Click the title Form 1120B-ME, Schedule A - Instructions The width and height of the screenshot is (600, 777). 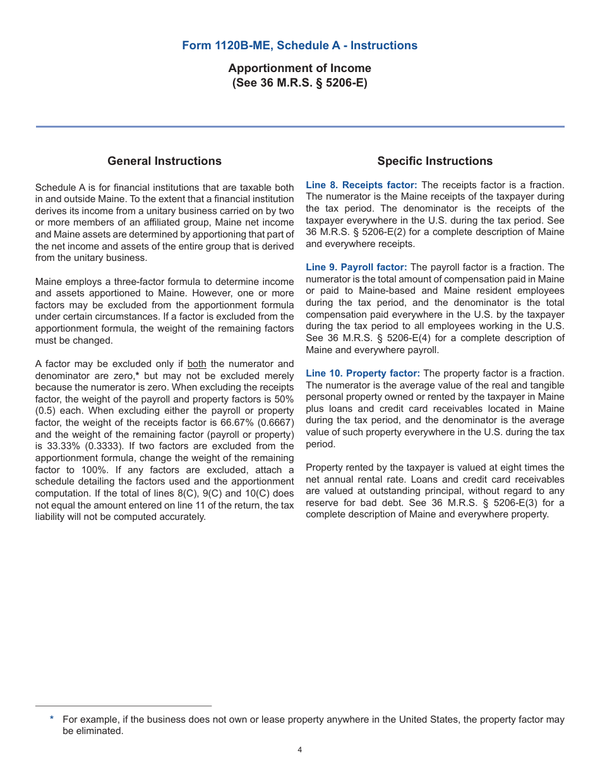pyautogui.click(x=299, y=45)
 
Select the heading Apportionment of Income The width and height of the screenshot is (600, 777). pyautogui.click(x=299, y=68)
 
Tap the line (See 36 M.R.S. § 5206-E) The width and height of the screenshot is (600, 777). pyautogui.click(x=299, y=83)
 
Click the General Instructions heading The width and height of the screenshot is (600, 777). pyautogui.click(x=164, y=161)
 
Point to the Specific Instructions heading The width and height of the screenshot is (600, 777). pyautogui.click(x=435, y=161)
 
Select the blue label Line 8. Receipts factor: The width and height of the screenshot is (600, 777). pyautogui.click(x=361, y=185)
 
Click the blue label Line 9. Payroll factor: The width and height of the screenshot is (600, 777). pyautogui.click(x=356, y=267)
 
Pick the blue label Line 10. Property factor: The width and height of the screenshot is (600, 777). pyautogui.click(x=363, y=373)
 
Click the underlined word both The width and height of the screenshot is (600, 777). pyautogui.click(x=197, y=364)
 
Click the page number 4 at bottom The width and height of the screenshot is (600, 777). pyautogui.click(x=299, y=750)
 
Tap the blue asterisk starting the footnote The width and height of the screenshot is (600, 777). pyautogui.click(x=52, y=719)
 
